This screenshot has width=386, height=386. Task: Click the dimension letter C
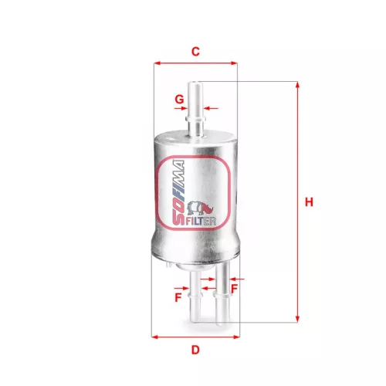coord(195,52)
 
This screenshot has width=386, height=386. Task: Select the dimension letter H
coord(309,202)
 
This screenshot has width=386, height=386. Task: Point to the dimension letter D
coord(195,350)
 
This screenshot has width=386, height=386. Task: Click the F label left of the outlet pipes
coord(178,296)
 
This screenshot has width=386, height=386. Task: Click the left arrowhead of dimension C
coord(157,64)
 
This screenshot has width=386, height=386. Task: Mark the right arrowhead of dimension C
coord(234,64)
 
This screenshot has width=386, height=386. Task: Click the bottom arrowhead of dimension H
coord(296,318)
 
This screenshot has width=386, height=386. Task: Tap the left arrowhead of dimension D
coord(157,337)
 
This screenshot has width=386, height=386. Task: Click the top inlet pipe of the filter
coord(196,108)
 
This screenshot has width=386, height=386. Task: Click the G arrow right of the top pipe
coord(214,109)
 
